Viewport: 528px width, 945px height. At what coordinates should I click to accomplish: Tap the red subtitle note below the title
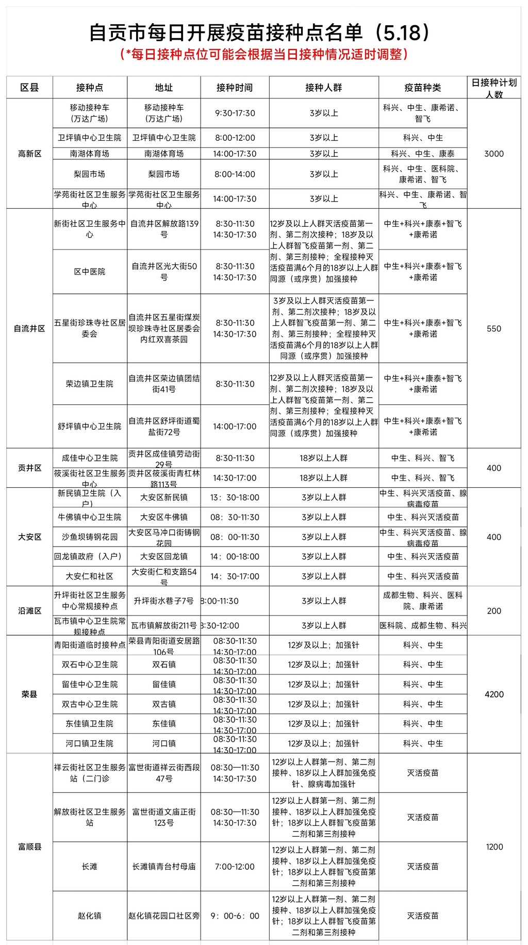coord(263,54)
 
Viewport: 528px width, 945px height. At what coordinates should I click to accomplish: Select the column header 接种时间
coord(235,88)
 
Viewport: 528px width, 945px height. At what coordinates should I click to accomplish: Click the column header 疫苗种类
coord(422,88)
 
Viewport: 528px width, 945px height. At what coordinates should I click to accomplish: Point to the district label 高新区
coord(29,154)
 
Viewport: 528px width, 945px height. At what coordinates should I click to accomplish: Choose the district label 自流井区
coord(29,328)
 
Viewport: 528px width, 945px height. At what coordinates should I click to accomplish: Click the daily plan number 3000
coord(493,154)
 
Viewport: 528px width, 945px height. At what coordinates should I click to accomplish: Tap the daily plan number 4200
coord(494,694)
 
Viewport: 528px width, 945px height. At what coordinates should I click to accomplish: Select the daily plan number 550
coord(493,328)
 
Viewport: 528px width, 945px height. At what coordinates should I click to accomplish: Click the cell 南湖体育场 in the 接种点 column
coord(90,154)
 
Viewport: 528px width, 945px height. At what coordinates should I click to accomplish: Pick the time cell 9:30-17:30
coord(235,113)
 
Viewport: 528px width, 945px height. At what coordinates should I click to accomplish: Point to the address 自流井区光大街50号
coord(164,272)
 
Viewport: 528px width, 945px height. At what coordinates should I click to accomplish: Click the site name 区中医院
coord(90,272)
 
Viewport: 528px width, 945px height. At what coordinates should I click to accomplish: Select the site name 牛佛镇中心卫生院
coord(90,517)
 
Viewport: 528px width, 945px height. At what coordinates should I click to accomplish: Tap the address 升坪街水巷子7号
coord(164,601)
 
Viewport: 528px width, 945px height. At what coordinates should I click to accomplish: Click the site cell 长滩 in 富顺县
coord(90,867)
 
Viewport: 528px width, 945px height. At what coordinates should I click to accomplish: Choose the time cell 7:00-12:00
coord(235,867)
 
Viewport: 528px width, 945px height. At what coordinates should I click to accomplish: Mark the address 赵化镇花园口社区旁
coord(164,916)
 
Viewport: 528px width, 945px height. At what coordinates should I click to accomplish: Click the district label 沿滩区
coord(29,611)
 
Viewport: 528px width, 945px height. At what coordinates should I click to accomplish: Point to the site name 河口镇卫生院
coord(90,743)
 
